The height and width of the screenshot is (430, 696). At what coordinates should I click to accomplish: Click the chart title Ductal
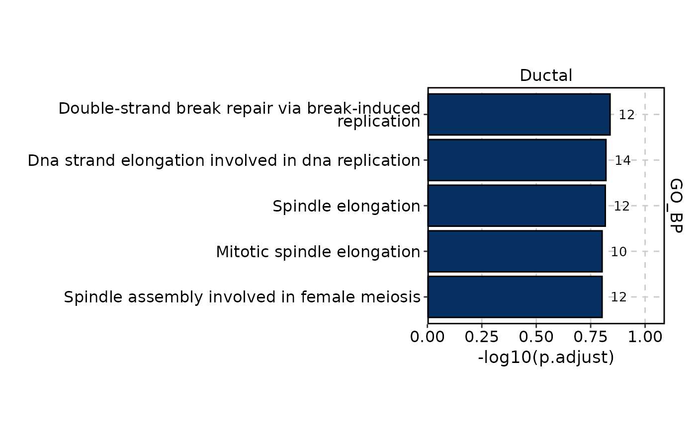(x=546, y=75)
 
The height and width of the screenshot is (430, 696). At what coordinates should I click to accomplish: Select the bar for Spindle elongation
(x=517, y=206)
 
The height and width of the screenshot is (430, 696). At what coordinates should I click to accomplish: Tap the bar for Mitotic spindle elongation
(x=515, y=251)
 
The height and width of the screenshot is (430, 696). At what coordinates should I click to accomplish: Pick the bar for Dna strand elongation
(x=517, y=160)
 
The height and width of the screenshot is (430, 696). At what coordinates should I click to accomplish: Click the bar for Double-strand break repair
(x=519, y=115)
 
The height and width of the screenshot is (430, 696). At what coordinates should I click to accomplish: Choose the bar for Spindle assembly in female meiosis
(x=515, y=297)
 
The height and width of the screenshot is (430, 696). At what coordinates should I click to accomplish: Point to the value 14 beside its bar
(x=622, y=160)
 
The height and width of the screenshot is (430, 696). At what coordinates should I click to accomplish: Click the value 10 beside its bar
(x=618, y=252)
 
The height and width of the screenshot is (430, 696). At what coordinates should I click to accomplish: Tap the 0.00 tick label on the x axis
(x=427, y=337)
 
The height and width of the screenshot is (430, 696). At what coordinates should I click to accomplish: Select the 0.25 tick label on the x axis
(x=482, y=337)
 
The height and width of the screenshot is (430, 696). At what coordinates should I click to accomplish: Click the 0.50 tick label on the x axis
(x=536, y=337)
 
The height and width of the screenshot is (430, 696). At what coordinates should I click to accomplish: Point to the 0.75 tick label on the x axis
(x=591, y=337)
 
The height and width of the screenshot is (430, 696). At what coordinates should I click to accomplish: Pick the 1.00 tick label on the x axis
(x=645, y=337)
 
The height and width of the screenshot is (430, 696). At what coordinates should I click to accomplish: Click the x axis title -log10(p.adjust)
(x=546, y=357)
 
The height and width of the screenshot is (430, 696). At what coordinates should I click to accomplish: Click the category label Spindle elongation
(x=347, y=207)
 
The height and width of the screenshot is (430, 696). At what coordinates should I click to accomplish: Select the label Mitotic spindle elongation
(x=318, y=252)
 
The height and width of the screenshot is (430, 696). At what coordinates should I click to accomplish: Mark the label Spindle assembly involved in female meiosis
(x=242, y=297)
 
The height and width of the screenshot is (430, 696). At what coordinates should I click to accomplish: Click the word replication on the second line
(x=379, y=122)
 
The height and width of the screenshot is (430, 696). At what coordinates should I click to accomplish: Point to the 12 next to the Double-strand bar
(x=627, y=115)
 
